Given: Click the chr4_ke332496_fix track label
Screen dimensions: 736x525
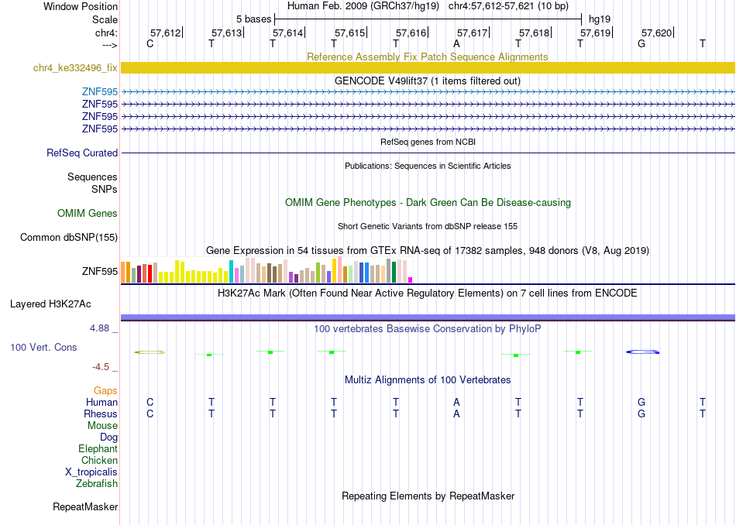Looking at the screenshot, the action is pyautogui.click(x=75, y=67).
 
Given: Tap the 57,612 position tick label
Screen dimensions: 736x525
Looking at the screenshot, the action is pyautogui.click(x=165, y=33).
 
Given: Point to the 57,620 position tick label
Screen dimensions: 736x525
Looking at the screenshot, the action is pyautogui.click(x=657, y=33).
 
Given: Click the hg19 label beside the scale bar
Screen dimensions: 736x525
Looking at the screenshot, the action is pyautogui.click(x=600, y=19).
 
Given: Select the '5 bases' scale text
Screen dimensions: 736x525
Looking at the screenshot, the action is pyautogui.click(x=253, y=19).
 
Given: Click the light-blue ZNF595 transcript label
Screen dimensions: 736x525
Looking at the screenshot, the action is pyautogui.click(x=99, y=91).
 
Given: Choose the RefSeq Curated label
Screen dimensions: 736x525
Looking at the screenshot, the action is pyautogui.click(x=82, y=153).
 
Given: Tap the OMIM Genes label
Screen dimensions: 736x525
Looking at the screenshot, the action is pyautogui.click(x=88, y=214).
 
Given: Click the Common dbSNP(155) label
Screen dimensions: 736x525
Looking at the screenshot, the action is pyautogui.click(x=69, y=238).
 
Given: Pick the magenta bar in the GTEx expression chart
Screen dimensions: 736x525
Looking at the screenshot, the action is pyautogui.click(x=411, y=280).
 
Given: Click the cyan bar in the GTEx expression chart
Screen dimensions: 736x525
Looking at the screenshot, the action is pyautogui.click(x=231, y=271).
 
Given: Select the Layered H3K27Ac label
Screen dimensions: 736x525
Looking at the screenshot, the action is pyautogui.click(x=50, y=304).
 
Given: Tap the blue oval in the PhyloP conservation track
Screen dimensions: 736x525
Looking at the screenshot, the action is pyautogui.click(x=642, y=352).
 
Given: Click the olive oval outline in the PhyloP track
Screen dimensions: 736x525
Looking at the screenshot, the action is pyautogui.click(x=150, y=351).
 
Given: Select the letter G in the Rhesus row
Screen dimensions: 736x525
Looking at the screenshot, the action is pyautogui.click(x=641, y=413).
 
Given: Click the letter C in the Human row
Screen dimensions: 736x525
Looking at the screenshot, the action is pyautogui.click(x=150, y=402).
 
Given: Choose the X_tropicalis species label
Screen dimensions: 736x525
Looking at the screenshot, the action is pyautogui.click(x=91, y=472).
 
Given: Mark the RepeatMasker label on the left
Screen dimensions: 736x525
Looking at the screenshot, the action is pyautogui.click(x=85, y=506).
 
